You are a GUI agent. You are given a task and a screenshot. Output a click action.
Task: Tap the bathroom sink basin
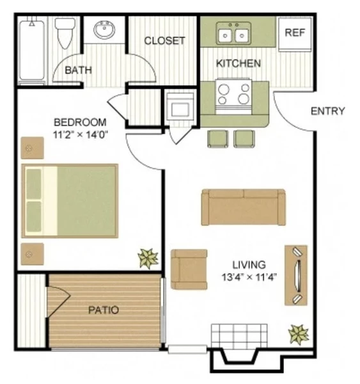[x=104, y=30]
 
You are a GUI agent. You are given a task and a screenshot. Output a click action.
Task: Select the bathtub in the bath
[x=31, y=51]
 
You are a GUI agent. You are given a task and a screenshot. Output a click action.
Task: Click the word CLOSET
[x=164, y=41]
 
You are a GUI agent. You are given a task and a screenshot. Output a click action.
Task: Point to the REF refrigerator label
[x=294, y=33]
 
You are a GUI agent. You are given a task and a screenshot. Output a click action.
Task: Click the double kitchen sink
[x=232, y=33]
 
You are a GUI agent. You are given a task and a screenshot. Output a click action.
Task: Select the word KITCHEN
[x=238, y=63]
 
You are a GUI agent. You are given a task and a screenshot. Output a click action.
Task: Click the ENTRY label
[x=327, y=111]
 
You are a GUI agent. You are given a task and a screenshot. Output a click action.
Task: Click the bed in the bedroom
[x=70, y=200]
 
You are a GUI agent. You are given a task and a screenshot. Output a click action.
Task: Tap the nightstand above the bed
[x=31, y=148]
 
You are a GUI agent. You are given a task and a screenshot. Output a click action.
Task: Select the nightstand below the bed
[x=31, y=254]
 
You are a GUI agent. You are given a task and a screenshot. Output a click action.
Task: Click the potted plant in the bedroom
[x=148, y=259]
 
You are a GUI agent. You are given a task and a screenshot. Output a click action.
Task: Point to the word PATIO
[x=103, y=310]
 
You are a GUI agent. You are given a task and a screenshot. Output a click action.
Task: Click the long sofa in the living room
[x=243, y=207]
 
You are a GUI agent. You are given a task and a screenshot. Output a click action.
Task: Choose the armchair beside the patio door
[x=189, y=268]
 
